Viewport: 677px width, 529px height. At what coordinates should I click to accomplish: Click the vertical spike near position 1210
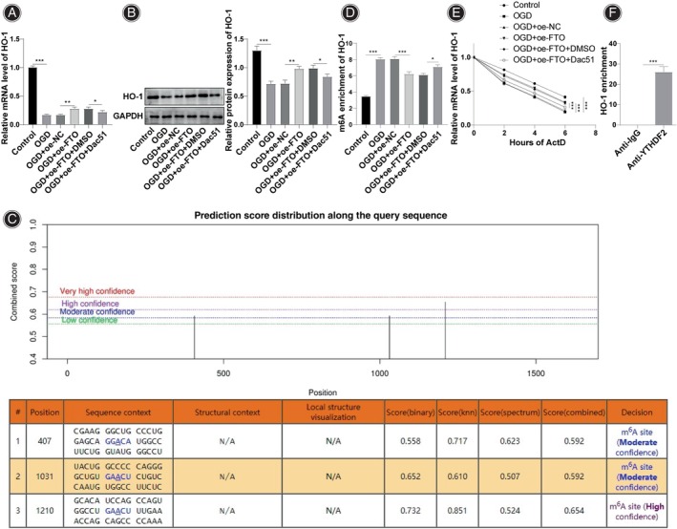tap(445, 330)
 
